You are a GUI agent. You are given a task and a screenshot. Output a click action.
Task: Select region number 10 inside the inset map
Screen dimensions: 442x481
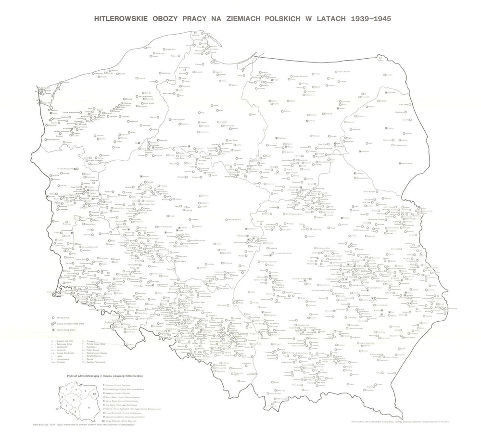[x=95, y=393]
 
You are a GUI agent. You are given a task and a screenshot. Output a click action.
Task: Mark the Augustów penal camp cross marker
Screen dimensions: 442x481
[x=385, y=128]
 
